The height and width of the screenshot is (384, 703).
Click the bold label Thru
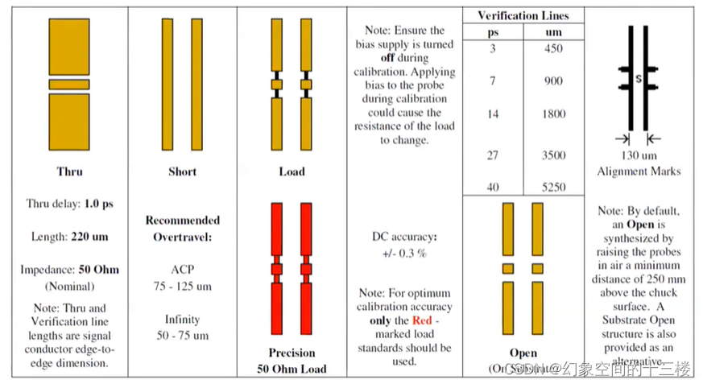[69, 171]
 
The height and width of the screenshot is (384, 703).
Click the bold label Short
[182, 171]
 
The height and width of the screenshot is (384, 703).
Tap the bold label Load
[292, 171]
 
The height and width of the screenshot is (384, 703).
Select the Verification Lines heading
[523, 15]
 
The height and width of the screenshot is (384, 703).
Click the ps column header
[493, 31]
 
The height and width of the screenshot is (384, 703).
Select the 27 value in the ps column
[492, 155]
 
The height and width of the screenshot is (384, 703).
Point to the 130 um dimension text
[639, 155]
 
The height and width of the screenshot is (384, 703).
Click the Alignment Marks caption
[639, 171]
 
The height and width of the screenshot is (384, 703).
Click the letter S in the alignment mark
[638, 79]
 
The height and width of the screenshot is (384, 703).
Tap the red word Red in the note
[422, 320]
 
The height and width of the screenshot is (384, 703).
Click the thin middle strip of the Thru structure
[69, 84]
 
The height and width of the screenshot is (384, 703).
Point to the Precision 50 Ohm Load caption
[292, 361]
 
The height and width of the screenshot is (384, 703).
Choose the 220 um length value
[89, 237]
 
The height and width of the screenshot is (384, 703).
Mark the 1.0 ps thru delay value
[97, 204]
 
